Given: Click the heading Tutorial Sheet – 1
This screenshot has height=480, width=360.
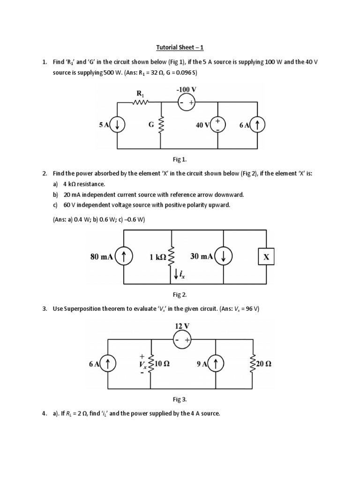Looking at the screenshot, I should coord(180,47).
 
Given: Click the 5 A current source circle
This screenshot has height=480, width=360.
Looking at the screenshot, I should coord(117,125).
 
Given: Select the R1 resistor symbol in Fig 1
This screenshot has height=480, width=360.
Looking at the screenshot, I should coord(141,102).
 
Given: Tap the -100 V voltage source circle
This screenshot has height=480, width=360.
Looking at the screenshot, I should coord(187,102).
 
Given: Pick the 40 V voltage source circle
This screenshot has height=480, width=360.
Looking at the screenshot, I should coord(218,125).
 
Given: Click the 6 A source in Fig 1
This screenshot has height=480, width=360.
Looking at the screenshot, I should coord(258,125).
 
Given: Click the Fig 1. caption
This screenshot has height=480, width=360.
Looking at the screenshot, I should coord(180,160).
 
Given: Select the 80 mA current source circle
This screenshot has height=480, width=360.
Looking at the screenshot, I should coord(124,256).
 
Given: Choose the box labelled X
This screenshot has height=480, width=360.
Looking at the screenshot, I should coord(267,257).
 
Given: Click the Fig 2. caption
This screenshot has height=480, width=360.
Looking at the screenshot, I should coord(180,294).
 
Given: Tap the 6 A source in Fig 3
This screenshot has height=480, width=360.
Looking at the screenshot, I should coord(108,363).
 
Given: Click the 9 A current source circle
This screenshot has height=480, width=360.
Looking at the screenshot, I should coord(216,363).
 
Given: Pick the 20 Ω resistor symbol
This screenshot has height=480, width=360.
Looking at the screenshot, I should coord(254,364).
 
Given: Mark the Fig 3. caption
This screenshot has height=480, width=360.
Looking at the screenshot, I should coord(180,399).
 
